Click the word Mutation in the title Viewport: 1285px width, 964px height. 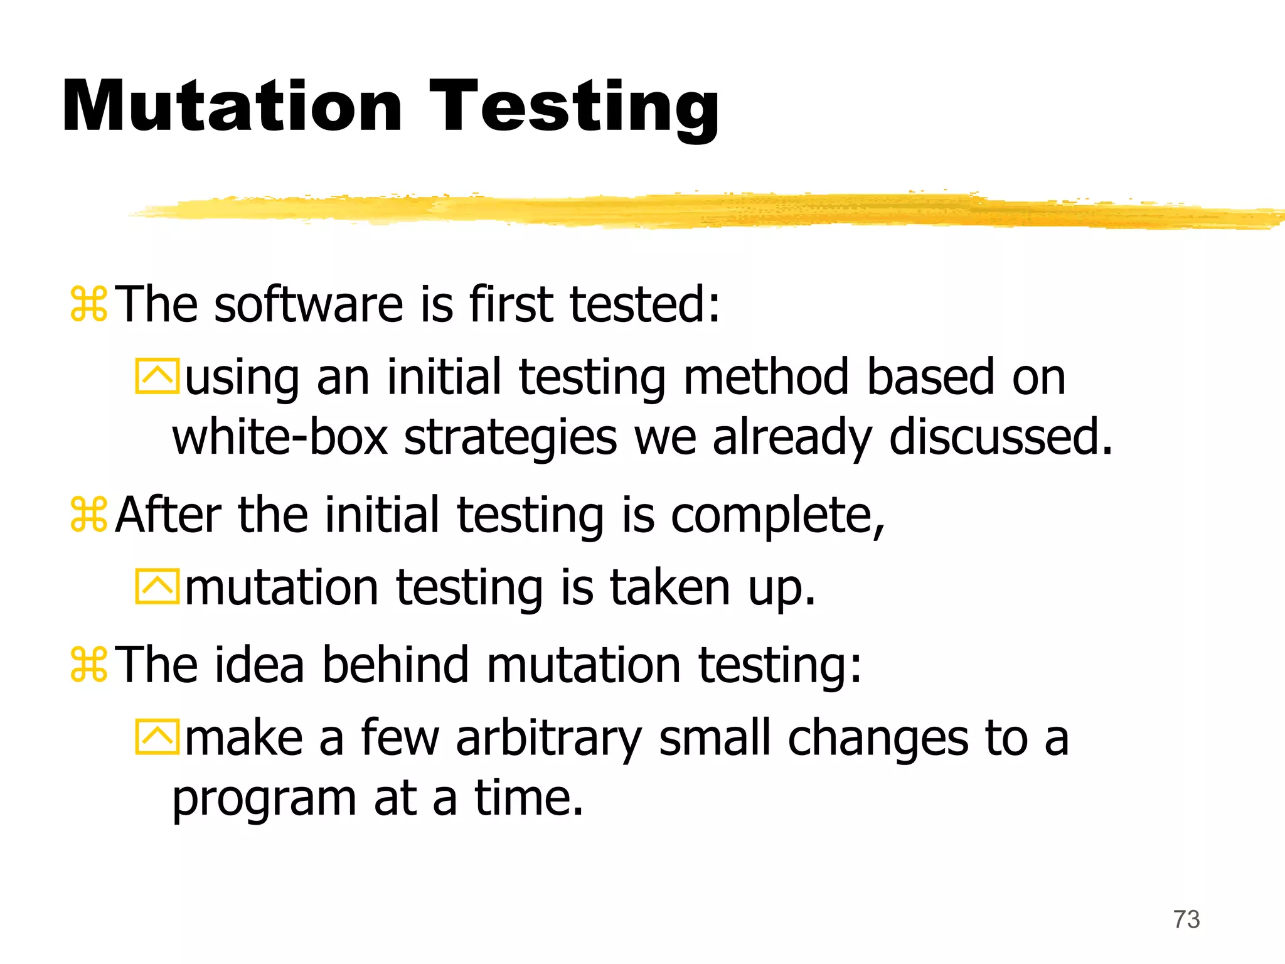(232, 107)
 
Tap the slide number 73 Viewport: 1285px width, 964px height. (1186, 919)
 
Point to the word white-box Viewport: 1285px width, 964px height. (280, 437)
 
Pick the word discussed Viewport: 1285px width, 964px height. (1000, 437)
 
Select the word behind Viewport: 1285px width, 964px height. (395, 665)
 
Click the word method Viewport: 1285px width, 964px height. (766, 378)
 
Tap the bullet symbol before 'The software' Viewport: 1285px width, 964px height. (88, 304)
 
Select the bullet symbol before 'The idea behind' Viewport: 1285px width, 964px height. (88, 665)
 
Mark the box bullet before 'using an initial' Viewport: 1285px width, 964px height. (157, 377)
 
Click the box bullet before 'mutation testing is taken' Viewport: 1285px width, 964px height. (157, 587)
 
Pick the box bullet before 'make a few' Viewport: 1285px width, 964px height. (157, 737)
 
